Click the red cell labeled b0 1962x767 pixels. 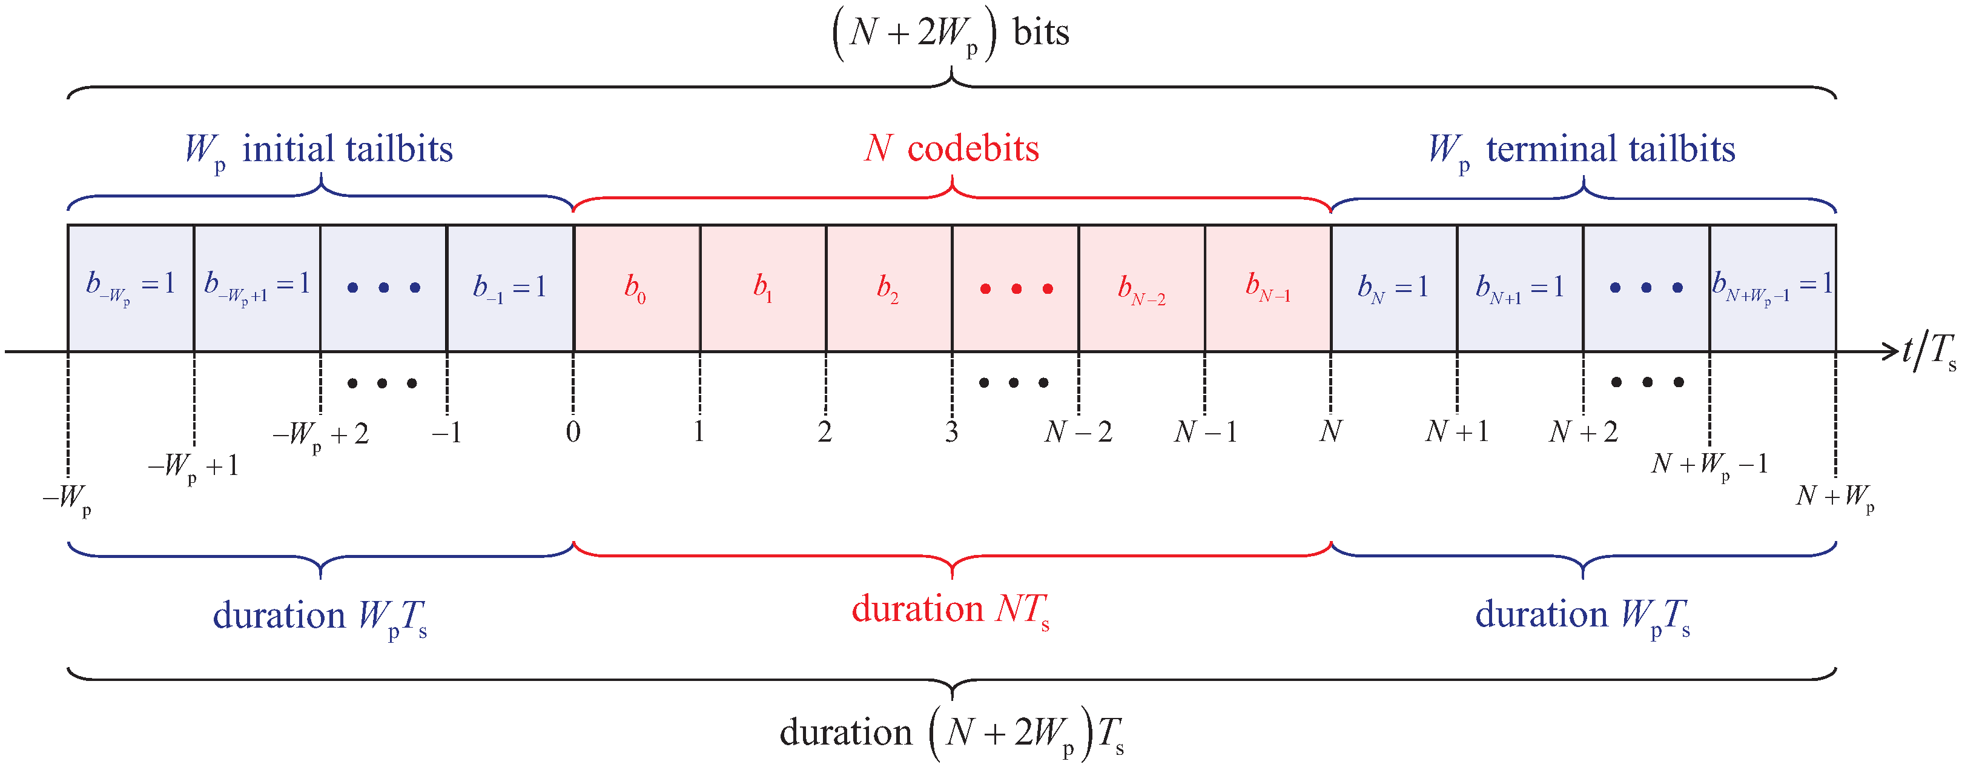click(636, 288)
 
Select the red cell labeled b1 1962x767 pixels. click(763, 288)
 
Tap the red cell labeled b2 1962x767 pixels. click(889, 288)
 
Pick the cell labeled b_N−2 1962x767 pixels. click(1141, 288)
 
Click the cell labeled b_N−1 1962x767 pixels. click(1267, 288)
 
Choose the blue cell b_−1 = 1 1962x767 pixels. click(509, 288)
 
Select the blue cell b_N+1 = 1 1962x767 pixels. click(1519, 288)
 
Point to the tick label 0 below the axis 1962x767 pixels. click(573, 433)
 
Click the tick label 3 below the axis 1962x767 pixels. click(951, 433)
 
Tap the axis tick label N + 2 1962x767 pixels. click(1584, 433)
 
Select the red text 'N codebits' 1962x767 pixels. click(951, 148)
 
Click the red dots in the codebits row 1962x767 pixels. click(1016, 288)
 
